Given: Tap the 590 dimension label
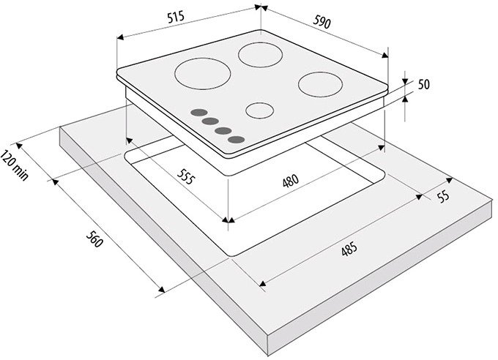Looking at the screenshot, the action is point(322,22).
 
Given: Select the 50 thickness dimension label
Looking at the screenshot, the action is point(424,84).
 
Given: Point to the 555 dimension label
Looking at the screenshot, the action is point(185,177).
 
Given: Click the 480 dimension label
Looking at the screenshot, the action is point(291,180).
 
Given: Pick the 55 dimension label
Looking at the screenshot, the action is point(444,196).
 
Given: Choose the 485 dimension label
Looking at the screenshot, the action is point(349,250).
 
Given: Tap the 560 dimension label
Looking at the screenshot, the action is point(94,239).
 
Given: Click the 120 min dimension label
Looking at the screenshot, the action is point(15,165).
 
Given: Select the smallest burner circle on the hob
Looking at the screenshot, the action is point(260,110).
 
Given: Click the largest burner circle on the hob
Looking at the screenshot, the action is point(203,74).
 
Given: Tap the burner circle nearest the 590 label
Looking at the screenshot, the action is point(261,55).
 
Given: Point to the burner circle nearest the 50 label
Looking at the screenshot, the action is point(320,84).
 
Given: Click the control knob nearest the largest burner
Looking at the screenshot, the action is point(198,113).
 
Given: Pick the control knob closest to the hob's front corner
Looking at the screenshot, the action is point(236,140).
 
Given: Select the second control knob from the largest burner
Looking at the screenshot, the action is point(210,121).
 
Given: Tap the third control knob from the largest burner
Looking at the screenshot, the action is point(223,130).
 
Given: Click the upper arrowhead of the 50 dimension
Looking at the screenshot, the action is point(405,82).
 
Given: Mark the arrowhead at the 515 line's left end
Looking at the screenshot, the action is point(119,37).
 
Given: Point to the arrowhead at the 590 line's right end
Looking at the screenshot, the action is point(384,56).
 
